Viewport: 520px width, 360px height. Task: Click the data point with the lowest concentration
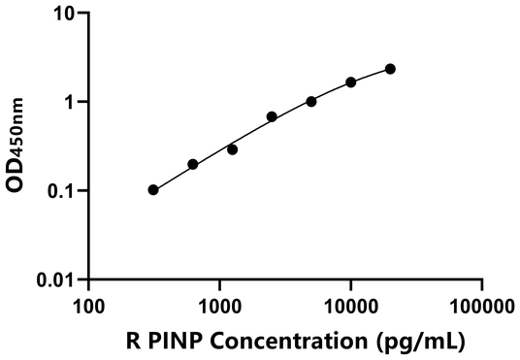(x=153, y=190)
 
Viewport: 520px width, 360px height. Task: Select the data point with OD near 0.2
(x=193, y=164)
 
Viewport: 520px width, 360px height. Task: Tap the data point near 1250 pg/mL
(x=232, y=149)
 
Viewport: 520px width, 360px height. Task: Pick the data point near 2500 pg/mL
(x=272, y=116)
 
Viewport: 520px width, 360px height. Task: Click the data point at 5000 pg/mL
(x=311, y=101)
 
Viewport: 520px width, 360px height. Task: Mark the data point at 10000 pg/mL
(x=351, y=82)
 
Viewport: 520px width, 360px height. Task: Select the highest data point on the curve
(x=390, y=69)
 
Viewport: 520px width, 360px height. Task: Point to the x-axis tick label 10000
(x=350, y=306)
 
